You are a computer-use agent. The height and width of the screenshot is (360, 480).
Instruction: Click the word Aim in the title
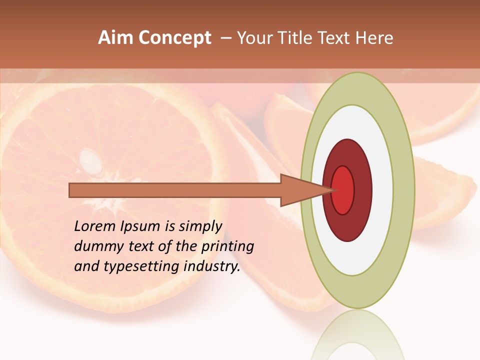pos(116,38)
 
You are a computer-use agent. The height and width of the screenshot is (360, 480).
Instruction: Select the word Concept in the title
pos(175,38)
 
